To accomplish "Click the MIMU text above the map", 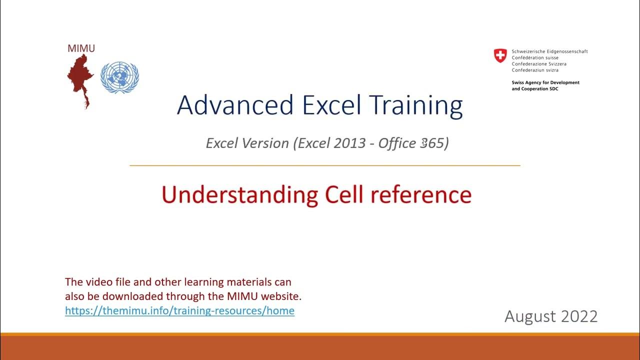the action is coord(81,48).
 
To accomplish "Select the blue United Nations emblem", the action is coord(119,77).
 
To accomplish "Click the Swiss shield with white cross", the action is coord(500,55).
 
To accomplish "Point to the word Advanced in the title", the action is coord(235,105).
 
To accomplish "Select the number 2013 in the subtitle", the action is coord(349,143).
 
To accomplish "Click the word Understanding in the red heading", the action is coord(239,195).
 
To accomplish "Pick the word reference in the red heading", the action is coord(421,194).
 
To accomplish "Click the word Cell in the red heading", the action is coord(344,194).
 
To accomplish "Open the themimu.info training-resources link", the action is coord(179,310).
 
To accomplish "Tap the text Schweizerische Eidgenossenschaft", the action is coord(549,51).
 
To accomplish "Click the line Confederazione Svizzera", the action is coord(539,64).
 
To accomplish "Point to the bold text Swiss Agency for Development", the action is coord(545,82).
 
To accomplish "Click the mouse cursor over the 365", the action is coord(424,143).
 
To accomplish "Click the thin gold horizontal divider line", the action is coord(325,165).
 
